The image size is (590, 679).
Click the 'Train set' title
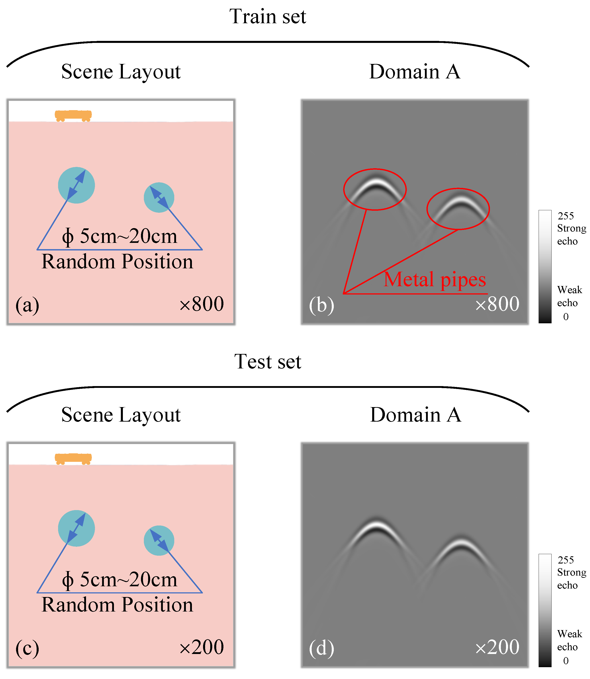(268, 17)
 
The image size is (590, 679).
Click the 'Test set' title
(268, 362)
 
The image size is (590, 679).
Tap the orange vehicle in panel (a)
(73, 115)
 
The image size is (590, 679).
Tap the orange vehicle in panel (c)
(73, 458)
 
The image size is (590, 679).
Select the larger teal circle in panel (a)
(76, 185)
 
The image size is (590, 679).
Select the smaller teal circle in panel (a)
(159, 197)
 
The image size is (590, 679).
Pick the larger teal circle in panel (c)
(76, 528)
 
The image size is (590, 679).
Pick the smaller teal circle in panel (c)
(159, 540)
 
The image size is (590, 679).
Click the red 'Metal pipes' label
(435, 280)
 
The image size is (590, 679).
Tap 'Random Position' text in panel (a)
(117, 262)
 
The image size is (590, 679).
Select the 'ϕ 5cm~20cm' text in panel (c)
(120, 580)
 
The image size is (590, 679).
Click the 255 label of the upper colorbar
(566, 216)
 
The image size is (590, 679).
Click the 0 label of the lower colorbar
(566, 660)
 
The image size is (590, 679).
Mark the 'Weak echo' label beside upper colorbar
(569, 296)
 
